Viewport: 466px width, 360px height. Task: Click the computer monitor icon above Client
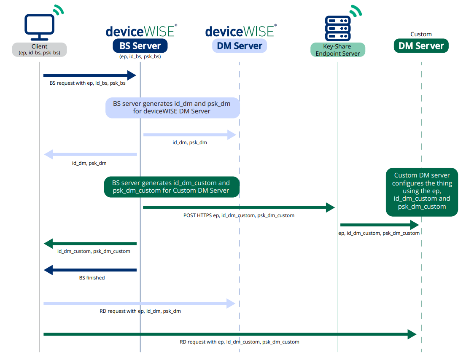point(39,27)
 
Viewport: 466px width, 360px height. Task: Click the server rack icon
point(338,28)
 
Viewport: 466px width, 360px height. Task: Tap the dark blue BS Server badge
point(140,46)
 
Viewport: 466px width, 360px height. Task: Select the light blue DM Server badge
point(240,46)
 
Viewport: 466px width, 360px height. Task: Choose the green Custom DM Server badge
point(421,46)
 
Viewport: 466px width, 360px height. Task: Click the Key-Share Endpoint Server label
point(338,50)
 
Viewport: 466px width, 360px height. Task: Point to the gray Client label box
point(39,49)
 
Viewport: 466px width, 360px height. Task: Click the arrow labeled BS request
point(90,75)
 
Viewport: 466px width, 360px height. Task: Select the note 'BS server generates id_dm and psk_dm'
point(172,107)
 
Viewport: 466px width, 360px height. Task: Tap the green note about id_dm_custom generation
point(172,187)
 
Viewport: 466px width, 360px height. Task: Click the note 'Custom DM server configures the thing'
point(422,192)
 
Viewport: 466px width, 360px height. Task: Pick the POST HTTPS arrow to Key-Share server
point(239,207)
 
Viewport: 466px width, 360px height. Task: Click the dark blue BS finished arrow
point(90,270)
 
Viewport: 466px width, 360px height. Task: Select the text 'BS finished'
point(92,278)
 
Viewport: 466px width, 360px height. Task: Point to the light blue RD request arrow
point(140,303)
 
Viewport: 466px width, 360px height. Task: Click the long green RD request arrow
point(230,334)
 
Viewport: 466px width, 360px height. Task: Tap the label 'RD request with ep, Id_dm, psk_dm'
point(140,311)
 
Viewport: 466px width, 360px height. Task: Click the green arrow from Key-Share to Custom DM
point(380,225)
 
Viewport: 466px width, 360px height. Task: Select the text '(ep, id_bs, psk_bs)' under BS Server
point(140,56)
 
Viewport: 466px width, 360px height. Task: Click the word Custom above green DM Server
point(421,34)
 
